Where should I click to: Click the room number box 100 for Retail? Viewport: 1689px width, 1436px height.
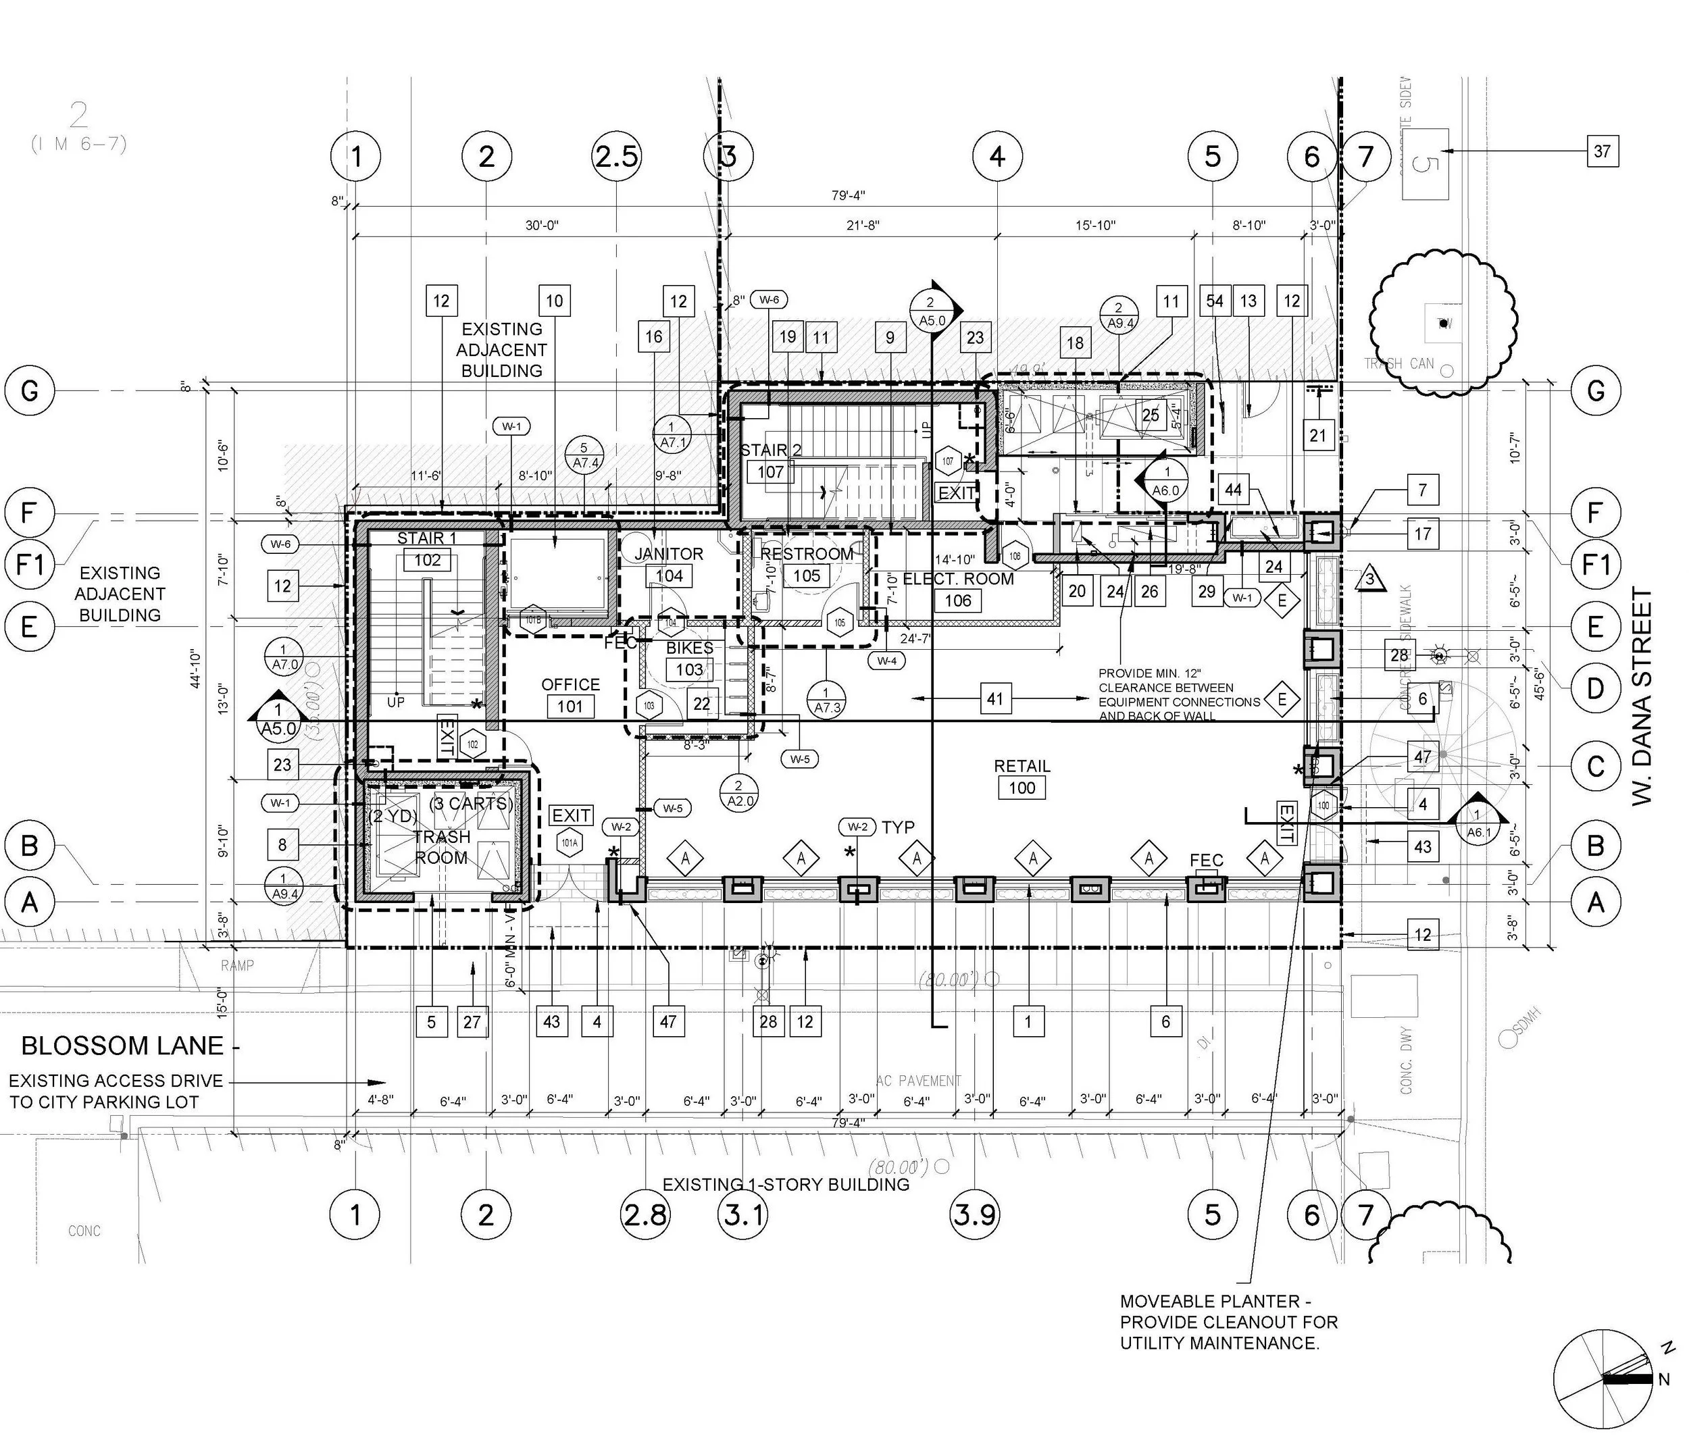pos(1022,787)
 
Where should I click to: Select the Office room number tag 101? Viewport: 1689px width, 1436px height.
pos(570,706)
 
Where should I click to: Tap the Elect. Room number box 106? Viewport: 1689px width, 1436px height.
pos(958,600)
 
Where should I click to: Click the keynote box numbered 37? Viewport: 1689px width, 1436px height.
pos(1602,151)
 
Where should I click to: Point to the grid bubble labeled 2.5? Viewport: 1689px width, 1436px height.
pos(616,155)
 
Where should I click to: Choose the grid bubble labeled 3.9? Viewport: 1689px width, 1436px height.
pos(975,1215)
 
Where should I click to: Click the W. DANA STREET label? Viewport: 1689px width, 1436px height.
pos(1642,696)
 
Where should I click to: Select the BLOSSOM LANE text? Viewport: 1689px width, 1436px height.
pos(122,1045)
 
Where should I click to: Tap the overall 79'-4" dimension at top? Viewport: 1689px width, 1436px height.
pos(848,195)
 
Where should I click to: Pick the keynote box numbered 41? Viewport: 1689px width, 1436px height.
pos(994,698)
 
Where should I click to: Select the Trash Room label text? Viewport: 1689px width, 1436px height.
pos(441,846)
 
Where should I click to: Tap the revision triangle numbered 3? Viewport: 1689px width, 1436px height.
pos(1369,579)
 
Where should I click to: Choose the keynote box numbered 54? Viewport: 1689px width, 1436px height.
pos(1214,301)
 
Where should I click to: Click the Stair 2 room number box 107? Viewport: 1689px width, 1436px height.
pos(770,471)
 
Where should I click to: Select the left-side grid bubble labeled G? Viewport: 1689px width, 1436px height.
pos(29,391)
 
